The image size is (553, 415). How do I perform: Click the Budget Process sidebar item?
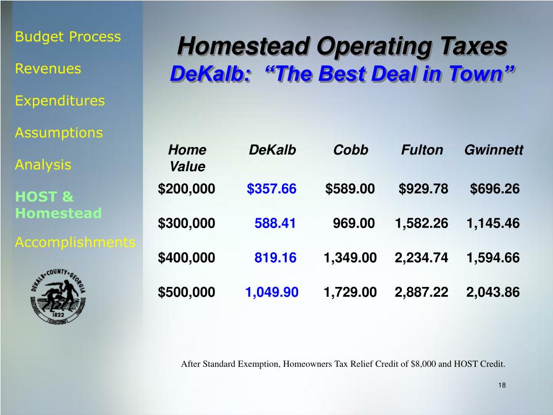[68, 37]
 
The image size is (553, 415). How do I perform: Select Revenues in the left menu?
[48, 69]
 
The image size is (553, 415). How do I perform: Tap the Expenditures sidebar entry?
[60, 101]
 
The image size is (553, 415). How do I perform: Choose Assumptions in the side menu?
[59, 132]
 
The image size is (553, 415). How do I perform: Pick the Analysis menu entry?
[43, 164]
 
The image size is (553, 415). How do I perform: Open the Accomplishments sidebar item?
[75, 242]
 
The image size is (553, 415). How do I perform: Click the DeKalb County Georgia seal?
[58, 297]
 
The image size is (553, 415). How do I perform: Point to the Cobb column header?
[350, 150]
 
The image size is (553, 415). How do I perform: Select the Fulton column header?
[422, 150]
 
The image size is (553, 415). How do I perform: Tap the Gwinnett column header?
[494, 150]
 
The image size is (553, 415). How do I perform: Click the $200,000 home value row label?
[186, 189]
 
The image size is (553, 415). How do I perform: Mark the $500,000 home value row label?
[186, 292]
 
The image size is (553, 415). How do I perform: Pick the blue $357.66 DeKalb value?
[272, 189]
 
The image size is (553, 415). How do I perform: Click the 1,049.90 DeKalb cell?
[272, 292]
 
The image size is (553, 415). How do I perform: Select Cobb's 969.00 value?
[354, 223]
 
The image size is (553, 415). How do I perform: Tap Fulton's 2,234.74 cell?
[421, 258]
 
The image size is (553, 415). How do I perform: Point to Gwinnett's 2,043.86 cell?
[493, 292]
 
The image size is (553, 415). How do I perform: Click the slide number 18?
[502, 385]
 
